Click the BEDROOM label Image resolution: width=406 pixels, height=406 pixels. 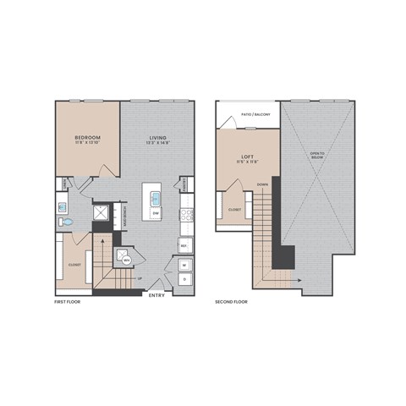87,137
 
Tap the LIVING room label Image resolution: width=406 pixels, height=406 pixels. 157,137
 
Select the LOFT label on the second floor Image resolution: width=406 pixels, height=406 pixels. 247,156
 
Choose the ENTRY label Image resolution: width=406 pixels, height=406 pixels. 156,295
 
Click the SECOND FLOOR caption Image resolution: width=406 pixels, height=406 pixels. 230,300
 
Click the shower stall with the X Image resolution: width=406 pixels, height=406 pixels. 101,214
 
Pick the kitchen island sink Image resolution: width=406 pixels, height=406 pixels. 156,200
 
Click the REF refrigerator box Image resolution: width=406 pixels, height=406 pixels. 184,246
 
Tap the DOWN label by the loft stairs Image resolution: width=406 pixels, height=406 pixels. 263,184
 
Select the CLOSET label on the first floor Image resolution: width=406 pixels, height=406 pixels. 74,264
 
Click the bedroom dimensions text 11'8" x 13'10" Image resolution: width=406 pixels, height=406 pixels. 87,144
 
